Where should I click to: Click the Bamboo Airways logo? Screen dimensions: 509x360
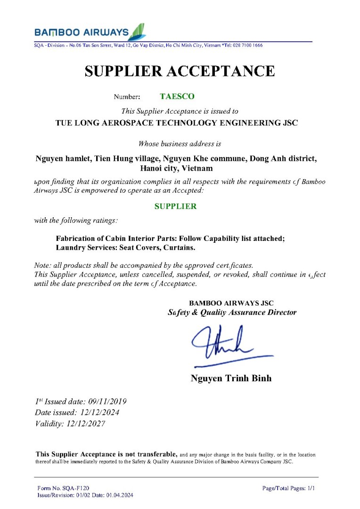coord(90,32)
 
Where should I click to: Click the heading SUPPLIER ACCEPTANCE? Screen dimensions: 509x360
coord(180,71)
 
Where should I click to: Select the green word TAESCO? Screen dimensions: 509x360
coord(177,97)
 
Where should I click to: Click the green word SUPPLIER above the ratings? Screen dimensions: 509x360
coord(175,206)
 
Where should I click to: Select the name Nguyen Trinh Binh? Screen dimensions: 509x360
coord(231,378)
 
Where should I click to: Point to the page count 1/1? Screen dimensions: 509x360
coord(311,489)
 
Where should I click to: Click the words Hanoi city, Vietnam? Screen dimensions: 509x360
coord(176,168)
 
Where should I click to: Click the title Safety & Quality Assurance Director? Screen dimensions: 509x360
coord(232,312)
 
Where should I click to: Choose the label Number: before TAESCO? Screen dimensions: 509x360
coord(127,97)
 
